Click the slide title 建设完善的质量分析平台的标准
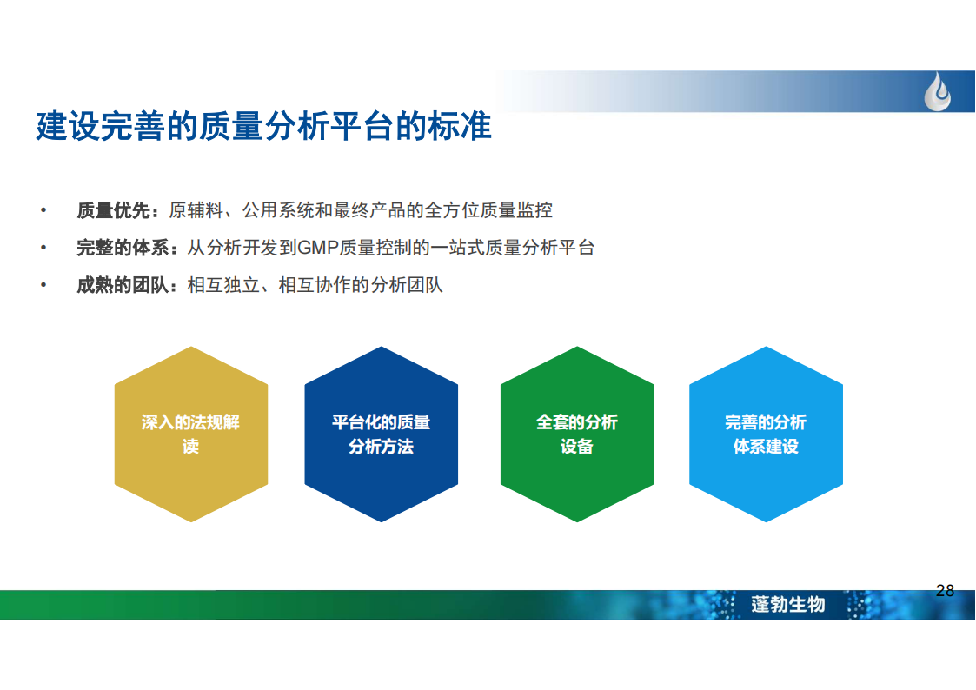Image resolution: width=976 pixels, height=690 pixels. click(x=264, y=126)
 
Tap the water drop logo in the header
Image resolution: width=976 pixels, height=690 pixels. click(x=938, y=92)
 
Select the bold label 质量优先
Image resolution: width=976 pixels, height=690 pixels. click(x=113, y=211)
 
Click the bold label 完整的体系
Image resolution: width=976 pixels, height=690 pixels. click(x=123, y=249)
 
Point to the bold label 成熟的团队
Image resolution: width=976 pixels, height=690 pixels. click(x=123, y=286)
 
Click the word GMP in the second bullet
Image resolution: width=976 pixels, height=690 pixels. click(x=318, y=249)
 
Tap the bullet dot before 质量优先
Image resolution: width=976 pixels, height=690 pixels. click(x=43, y=210)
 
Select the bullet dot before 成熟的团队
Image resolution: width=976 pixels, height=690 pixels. click(x=43, y=285)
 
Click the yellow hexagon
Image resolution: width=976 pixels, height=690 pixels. click(x=191, y=435)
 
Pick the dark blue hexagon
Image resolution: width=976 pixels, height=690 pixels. click(x=381, y=435)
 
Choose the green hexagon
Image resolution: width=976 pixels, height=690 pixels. click(x=577, y=435)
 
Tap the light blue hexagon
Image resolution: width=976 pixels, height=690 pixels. click(x=767, y=435)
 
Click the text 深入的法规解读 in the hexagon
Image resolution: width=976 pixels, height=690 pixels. click(x=190, y=435)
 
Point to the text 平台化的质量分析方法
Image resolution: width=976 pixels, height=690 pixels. click(x=381, y=435)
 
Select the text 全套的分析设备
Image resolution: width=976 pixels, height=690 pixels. click(x=577, y=435)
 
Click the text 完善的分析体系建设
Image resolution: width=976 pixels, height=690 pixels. click(x=766, y=435)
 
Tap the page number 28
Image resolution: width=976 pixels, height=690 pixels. click(x=945, y=590)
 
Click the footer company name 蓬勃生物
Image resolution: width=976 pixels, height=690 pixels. click(x=788, y=604)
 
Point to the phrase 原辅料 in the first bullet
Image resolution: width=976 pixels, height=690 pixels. click(x=196, y=211)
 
